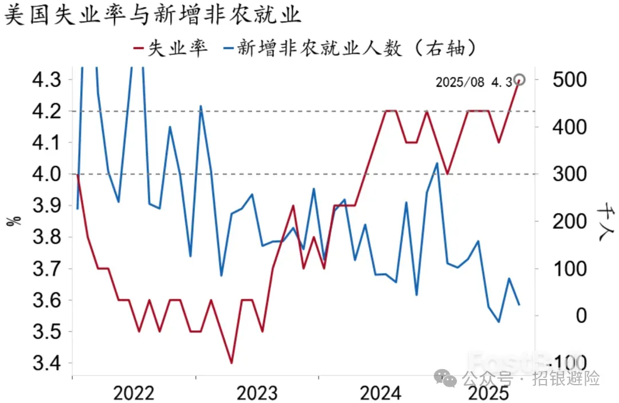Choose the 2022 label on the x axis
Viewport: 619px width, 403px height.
coord(134,393)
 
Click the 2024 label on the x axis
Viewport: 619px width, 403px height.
coord(380,393)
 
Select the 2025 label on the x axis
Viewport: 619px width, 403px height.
coord(488,393)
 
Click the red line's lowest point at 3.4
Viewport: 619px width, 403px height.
coord(232,363)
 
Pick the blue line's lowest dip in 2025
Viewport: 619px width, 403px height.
coord(499,322)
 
